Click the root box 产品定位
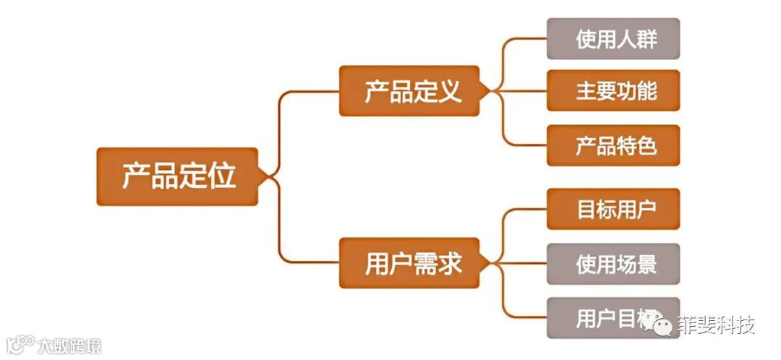pos(177,176)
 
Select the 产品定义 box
pos(409,91)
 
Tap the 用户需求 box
pos(409,263)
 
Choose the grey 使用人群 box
pos(613,39)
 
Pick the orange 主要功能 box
pos(613,91)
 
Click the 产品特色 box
pos(613,146)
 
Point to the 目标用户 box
pos(613,210)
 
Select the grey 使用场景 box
pos(613,264)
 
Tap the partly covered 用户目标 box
pos(600,318)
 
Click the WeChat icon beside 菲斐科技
pos(660,325)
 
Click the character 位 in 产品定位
pos(221,176)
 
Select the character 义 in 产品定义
pos(450,92)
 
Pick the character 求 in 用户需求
pos(450,264)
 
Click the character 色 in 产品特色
pos(646,146)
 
